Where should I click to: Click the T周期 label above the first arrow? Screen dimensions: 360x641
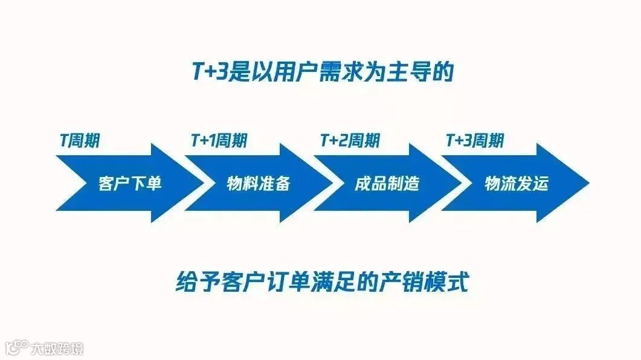[79, 141]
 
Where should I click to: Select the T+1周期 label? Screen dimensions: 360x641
[218, 141]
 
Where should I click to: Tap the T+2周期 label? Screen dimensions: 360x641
[350, 141]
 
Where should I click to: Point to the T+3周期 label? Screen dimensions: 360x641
[474, 141]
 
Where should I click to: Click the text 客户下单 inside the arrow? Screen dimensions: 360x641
[129, 183]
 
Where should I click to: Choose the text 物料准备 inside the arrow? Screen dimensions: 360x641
[258, 183]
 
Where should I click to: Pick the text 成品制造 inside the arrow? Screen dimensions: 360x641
[387, 183]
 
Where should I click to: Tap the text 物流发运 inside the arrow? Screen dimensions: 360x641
[516, 183]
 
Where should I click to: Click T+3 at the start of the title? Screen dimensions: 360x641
[205, 73]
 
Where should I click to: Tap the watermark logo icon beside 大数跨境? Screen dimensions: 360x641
[17, 347]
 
